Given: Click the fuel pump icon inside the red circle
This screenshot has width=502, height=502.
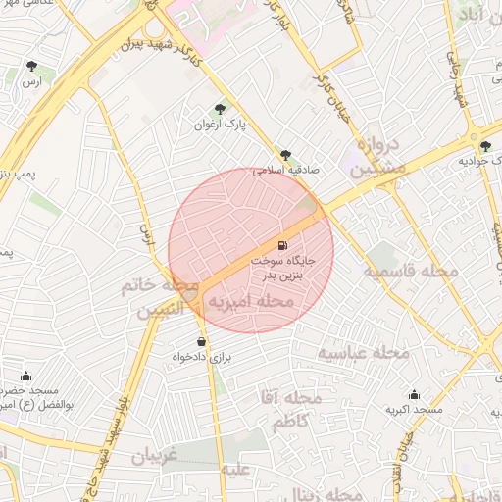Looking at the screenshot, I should tap(283, 245).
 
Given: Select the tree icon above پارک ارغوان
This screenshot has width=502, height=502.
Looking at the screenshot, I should tap(219, 110).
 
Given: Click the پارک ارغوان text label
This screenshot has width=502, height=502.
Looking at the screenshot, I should tap(219, 125).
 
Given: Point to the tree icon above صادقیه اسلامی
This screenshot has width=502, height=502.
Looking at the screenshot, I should tap(285, 155).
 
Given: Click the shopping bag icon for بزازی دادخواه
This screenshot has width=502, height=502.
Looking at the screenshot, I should tap(202, 342).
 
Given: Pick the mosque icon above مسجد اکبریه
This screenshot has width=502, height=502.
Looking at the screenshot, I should tap(413, 394).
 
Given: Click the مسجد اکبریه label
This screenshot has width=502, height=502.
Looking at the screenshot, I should tap(413, 409).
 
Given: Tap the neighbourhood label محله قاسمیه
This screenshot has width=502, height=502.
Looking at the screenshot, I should tap(411, 271).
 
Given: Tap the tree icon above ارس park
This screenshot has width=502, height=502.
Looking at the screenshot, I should tap(32, 67).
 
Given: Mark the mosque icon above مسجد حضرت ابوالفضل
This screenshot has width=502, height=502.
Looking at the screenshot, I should tap(25, 376).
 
